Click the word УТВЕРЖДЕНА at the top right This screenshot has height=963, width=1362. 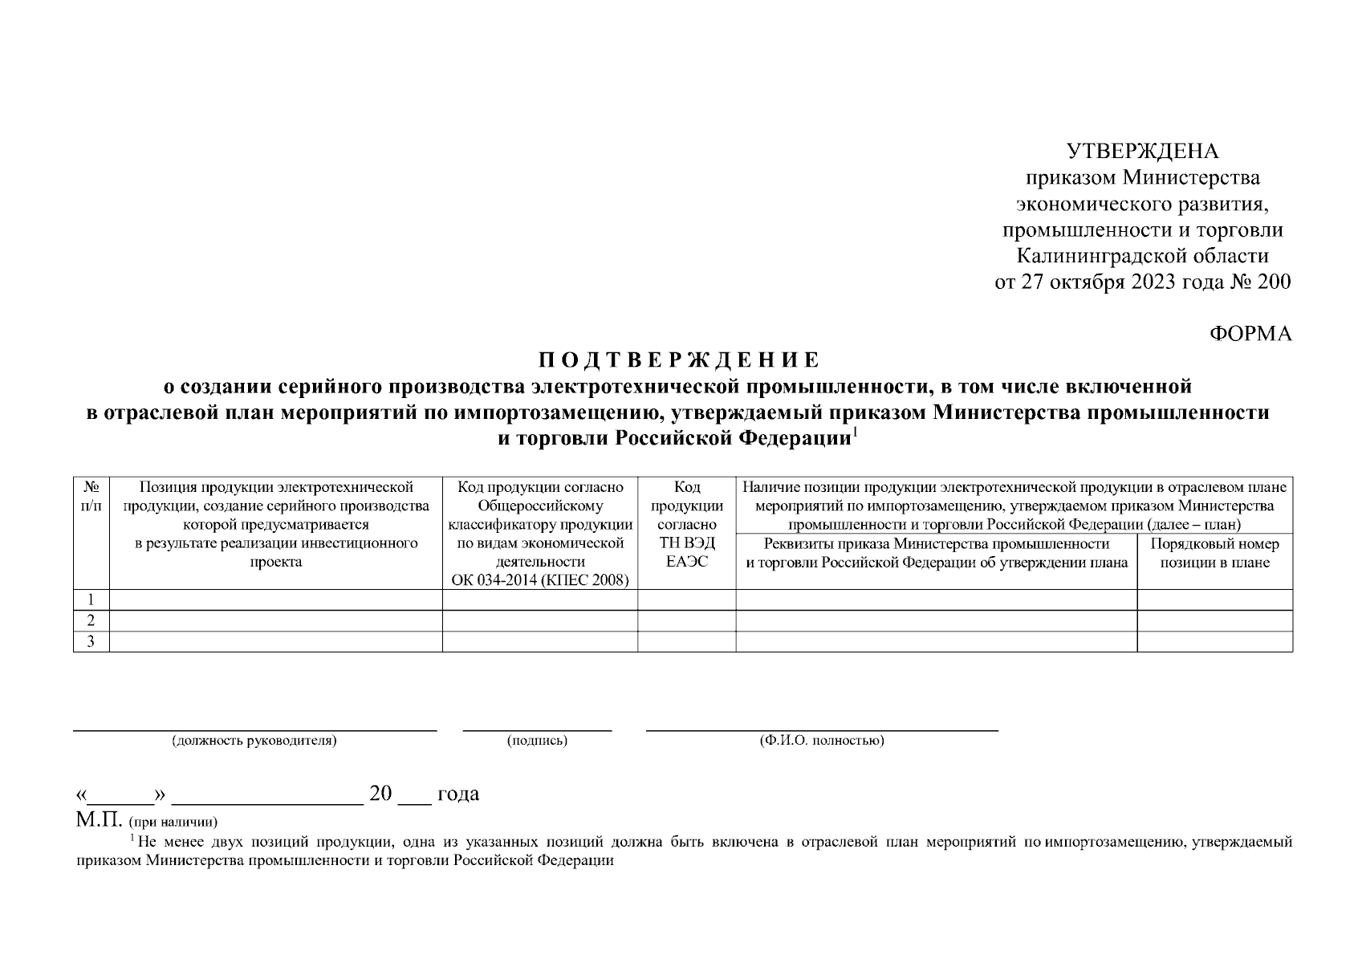pyautogui.click(x=1142, y=152)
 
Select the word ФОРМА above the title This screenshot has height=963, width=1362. pyautogui.click(x=1250, y=334)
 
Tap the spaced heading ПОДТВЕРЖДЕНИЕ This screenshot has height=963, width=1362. pyautogui.click(x=678, y=359)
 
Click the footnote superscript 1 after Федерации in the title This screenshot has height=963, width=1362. pyautogui.click(x=856, y=434)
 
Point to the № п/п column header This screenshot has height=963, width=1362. pyautogui.click(x=91, y=497)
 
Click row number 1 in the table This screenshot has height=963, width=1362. pyautogui.click(x=91, y=599)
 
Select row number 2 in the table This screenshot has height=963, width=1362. pyautogui.click(x=91, y=620)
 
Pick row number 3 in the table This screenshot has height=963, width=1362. pyautogui.click(x=91, y=641)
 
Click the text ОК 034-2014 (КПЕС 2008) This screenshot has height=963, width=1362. pyautogui.click(x=539, y=580)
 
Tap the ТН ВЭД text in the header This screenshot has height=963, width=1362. pyautogui.click(x=687, y=543)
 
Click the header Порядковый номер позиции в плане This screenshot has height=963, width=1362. pyautogui.click(x=1214, y=553)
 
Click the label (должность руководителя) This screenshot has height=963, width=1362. pyautogui.click(x=254, y=741)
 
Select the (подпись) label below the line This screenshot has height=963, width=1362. pyautogui.click(x=537, y=741)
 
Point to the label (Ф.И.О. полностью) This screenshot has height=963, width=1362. pyautogui.click(x=822, y=741)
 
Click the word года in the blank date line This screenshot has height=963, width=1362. pyautogui.click(x=457, y=794)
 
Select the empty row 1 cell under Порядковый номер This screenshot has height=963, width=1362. pyautogui.click(x=1214, y=599)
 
